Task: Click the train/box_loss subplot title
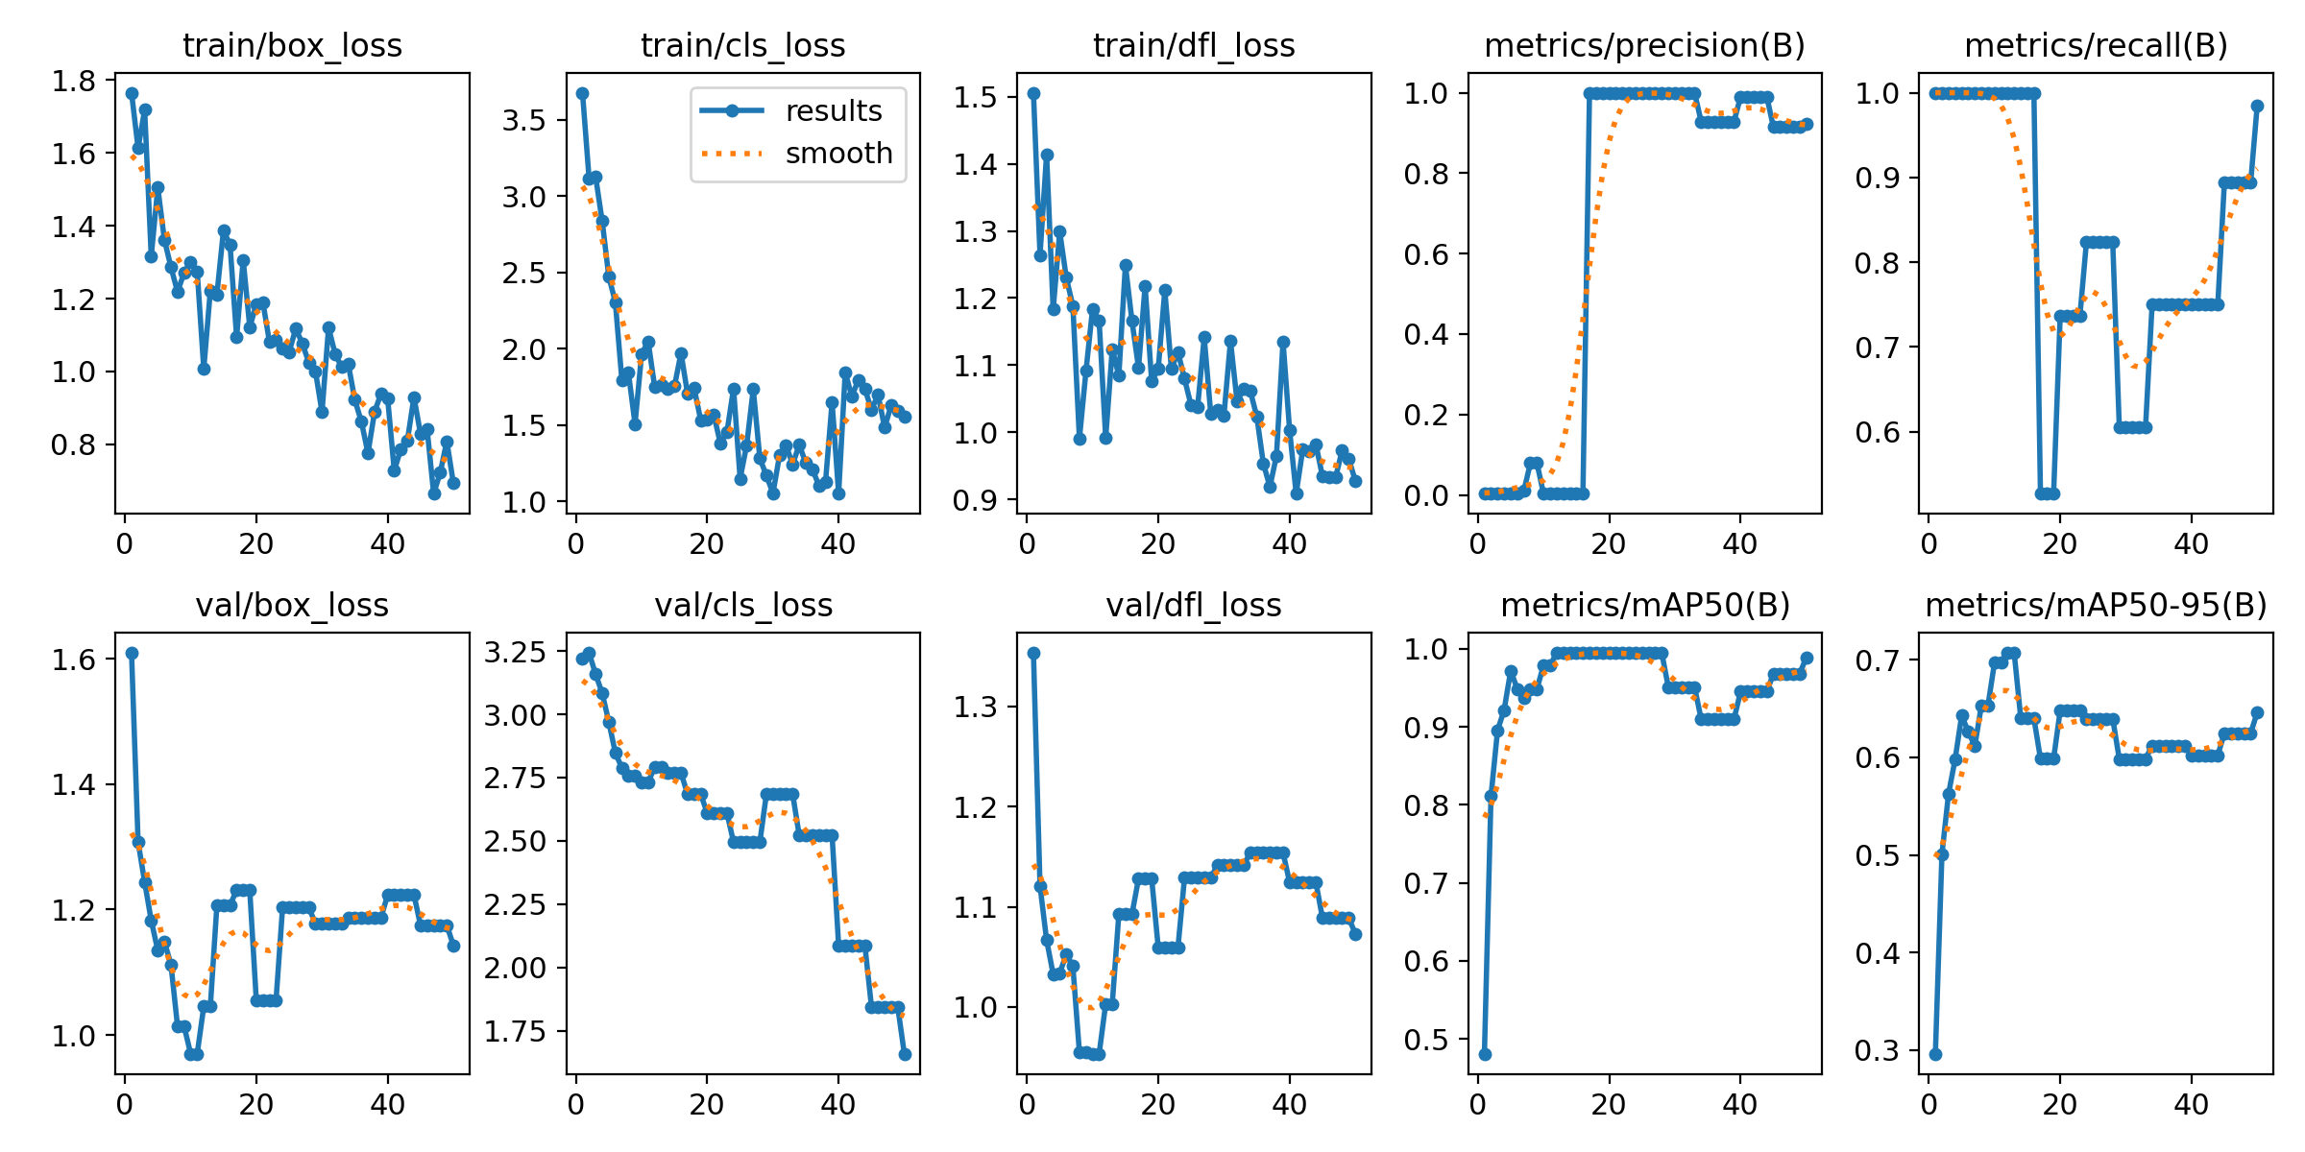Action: coord(292,45)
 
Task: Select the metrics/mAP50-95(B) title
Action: coord(2096,605)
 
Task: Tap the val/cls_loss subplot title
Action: coord(743,605)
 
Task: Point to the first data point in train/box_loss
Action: coord(132,93)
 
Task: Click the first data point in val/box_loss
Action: coord(132,653)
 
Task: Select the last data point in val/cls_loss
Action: coord(905,1054)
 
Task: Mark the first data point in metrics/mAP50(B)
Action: coord(1485,1054)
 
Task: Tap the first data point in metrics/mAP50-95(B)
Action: coord(1935,1054)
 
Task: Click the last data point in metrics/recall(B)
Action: coord(2257,107)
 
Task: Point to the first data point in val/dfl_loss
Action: coord(1033,653)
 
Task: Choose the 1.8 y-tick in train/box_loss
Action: coord(74,82)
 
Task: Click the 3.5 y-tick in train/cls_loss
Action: coord(523,121)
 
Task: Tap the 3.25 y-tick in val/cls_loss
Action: coord(515,653)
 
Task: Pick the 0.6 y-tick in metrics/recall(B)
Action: coord(1877,432)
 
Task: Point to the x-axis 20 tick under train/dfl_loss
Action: coord(1158,544)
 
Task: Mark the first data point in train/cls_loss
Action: coord(582,93)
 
